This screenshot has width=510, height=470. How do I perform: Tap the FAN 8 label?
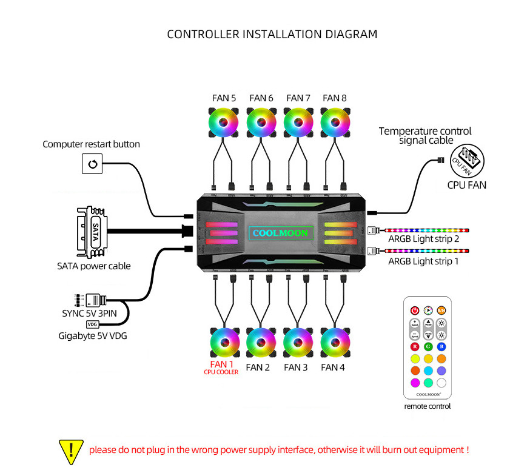[x=335, y=98]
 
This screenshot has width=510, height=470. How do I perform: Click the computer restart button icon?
[x=92, y=163]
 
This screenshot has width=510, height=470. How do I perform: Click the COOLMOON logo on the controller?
[x=280, y=233]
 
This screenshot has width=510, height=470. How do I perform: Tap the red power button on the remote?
[x=415, y=310]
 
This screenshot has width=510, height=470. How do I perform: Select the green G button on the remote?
[x=428, y=346]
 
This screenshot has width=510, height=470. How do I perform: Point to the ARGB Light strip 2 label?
[x=423, y=240]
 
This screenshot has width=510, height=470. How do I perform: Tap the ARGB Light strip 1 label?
[x=423, y=261]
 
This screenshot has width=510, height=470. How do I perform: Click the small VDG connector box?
[x=92, y=325]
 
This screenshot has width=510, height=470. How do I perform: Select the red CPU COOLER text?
[x=221, y=372]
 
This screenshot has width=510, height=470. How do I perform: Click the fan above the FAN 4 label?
[x=335, y=343]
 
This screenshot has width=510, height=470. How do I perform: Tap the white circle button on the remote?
[x=441, y=383]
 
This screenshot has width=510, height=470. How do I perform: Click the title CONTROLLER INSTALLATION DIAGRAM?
[x=272, y=34]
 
